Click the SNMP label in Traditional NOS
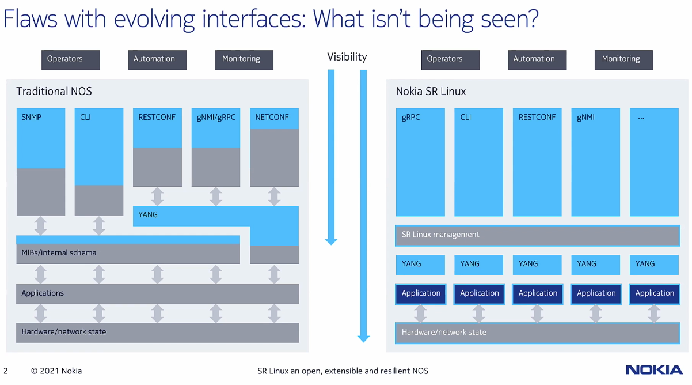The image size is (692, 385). click(31, 117)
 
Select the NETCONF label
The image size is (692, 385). click(272, 117)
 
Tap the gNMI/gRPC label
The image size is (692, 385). click(216, 118)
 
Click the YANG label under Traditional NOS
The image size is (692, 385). click(147, 214)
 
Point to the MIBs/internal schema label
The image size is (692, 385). click(59, 252)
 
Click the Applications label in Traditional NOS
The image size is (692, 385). click(43, 293)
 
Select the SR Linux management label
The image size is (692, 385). click(440, 235)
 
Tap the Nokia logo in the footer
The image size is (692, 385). click(655, 370)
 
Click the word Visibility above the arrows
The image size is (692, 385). click(347, 57)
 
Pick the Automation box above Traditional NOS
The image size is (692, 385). click(158, 60)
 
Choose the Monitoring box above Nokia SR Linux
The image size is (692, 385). click(623, 60)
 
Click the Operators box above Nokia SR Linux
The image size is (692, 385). click(450, 60)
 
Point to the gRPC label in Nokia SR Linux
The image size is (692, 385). click(410, 117)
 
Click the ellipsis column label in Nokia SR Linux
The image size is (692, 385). click(641, 118)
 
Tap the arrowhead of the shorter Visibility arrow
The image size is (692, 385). click(331, 242)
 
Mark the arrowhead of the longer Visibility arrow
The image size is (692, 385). click(364, 339)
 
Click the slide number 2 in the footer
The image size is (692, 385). click(6, 371)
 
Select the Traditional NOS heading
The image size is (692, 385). click(54, 92)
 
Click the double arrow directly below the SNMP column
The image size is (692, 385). click(40, 226)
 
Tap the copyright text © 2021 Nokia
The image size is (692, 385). click(56, 371)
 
